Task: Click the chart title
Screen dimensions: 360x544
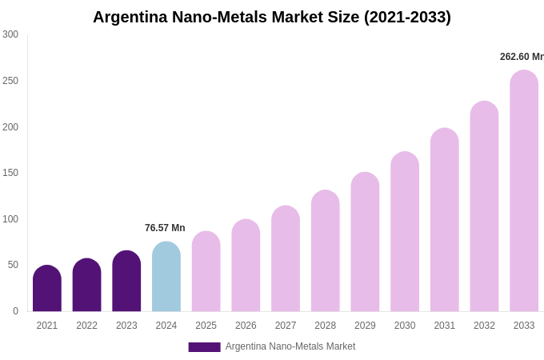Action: point(272,17)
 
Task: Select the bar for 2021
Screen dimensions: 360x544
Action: point(47,289)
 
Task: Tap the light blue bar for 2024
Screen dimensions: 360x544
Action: point(166,277)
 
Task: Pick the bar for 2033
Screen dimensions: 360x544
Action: point(524,191)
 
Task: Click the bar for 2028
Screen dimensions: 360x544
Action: point(326,251)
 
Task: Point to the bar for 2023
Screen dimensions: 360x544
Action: point(126,282)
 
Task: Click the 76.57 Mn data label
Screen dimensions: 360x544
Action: point(165,228)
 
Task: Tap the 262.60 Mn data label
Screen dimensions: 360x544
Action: point(521,57)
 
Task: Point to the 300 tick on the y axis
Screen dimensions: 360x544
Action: point(10,34)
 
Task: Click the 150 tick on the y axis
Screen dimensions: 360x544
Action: point(10,173)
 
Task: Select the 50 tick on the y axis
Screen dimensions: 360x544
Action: point(13,265)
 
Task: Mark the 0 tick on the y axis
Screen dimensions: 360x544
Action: point(15,311)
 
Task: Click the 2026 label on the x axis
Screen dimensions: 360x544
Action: point(246,326)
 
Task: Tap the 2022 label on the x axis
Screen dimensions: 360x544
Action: point(86,326)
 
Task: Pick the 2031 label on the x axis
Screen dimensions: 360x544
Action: point(445,326)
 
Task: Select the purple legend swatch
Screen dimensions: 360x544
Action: point(204,347)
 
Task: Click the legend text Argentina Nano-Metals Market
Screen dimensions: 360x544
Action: point(290,346)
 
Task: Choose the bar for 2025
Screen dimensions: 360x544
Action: point(206,272)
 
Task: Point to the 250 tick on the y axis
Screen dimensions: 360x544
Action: point(10,81)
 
